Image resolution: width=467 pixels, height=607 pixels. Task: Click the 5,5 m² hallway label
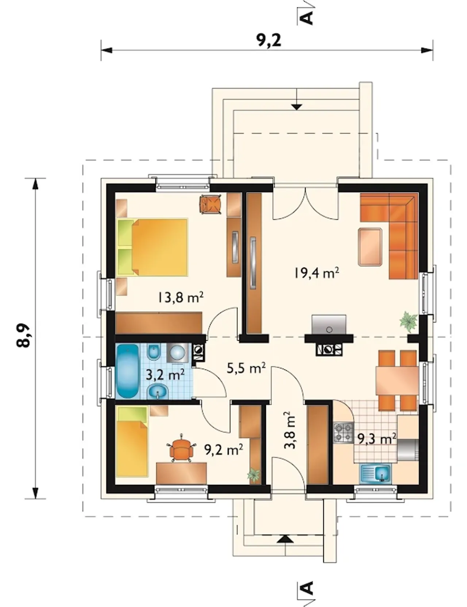click(x=246, y=368)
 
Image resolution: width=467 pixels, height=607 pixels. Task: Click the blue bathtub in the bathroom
click(x=127, y=371)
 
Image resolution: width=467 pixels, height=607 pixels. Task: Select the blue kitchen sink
click(x=376, y=473)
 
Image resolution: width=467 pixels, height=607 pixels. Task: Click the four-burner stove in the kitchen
click(x=343, y=432)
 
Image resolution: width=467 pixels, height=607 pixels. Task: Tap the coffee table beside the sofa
click(x=370, y=247)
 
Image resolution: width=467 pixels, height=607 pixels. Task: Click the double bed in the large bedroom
click(x=153, y=247)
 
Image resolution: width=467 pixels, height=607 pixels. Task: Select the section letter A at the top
click(x=308, y=17)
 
